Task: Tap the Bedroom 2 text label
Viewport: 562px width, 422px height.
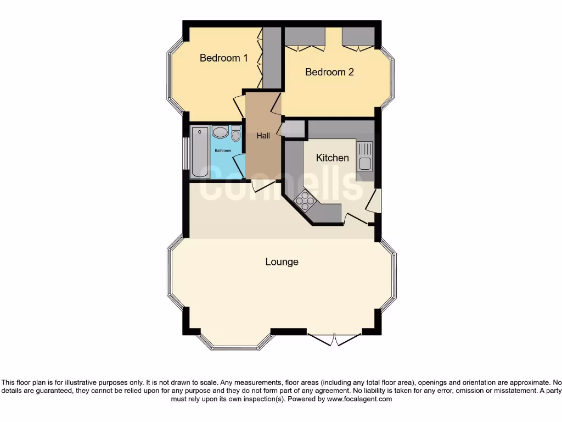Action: tap(329, 72)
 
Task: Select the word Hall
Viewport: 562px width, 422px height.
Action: tap(263, 136)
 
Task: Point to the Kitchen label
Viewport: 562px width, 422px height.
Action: tap(332, 158)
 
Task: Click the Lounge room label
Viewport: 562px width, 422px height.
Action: tap(282, 262)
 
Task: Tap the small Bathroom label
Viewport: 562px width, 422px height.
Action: tap(222, 150)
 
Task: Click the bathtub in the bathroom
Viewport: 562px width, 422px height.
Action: tap(200, 151)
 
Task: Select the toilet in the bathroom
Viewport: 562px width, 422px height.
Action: tap(236, 134)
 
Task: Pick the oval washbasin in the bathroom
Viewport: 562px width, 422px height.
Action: tap(220, 132)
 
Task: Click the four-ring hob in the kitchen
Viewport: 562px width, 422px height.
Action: tap(305, 201)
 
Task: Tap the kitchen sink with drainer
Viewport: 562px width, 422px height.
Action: tap(364, 156)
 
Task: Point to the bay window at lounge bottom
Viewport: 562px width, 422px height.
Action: tap(235, 344)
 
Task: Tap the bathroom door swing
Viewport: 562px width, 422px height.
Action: tap(238, 164)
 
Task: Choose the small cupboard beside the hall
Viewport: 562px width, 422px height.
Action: tap(293, 129)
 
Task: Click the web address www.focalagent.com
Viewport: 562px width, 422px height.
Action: tap(359, 399)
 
